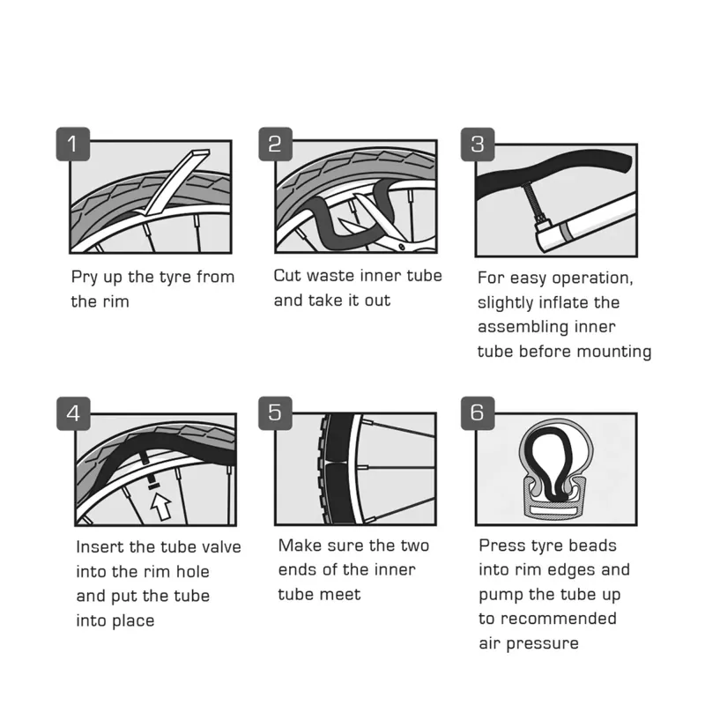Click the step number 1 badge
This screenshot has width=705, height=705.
(72, 144)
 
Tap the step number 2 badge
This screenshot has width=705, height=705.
(275, 144)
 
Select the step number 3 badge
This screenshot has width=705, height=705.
(478, 144)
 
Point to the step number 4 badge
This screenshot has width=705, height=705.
(72, 413)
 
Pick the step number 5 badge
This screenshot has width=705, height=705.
(275, 413)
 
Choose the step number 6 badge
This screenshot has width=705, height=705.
(478, 413)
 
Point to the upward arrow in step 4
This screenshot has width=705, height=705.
(160, 506)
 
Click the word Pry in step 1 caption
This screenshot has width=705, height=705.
(86, 278)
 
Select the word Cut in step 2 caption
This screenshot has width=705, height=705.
(288, 276)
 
